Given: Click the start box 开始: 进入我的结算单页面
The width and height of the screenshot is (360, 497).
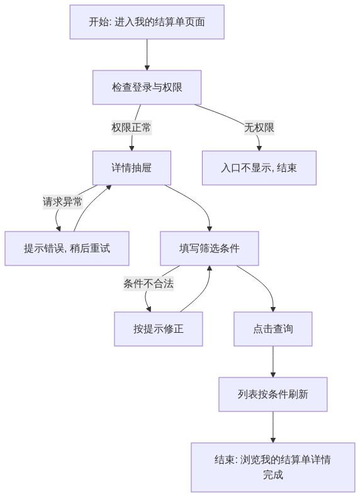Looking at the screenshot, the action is pos(147,22).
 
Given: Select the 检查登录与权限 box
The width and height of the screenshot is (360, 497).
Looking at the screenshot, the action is pos(147,87).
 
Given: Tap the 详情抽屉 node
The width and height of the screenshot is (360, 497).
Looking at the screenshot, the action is pos(132,168).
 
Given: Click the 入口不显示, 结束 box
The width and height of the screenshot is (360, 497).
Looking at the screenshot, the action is pos(259,168).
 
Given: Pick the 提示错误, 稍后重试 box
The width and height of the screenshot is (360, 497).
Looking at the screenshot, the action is pos(67,248).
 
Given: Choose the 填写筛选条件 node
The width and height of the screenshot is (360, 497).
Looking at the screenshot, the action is pos(210,248).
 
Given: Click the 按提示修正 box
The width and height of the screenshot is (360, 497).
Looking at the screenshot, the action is pos(158,328).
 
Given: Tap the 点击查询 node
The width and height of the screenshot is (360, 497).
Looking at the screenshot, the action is pos(273,328).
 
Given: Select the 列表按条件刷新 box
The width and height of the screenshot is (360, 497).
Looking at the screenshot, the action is pos(273,394).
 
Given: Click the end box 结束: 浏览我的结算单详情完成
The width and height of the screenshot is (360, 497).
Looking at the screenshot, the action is pos(273,467).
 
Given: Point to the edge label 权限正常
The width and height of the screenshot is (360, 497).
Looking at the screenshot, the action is pos(132,128).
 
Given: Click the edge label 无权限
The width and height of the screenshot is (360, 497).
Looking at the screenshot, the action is pos(259,128).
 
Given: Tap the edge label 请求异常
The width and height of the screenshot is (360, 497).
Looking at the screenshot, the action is pos(62,201).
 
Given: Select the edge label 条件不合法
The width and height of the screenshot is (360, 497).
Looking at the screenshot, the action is pos(149,283).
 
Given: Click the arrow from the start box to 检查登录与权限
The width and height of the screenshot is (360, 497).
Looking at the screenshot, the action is pos(147,55).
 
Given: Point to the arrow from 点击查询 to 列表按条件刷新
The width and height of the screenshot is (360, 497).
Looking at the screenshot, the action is pos(273,361).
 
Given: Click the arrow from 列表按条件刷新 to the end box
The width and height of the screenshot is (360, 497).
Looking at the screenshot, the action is pos(273,427).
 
